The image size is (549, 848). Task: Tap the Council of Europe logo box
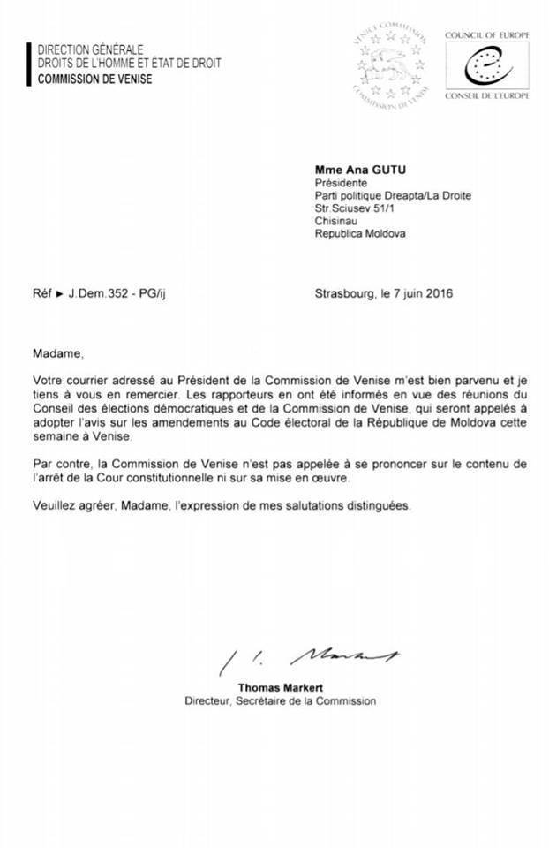pos(485,64)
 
